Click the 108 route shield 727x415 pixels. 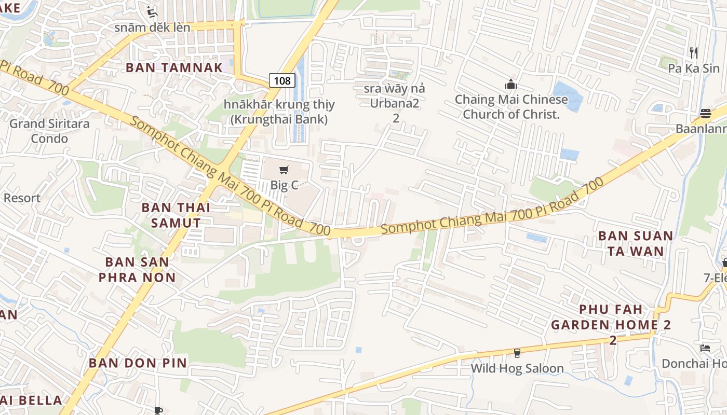[x=282, y=80]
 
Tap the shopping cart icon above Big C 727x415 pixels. [x=284, y=170]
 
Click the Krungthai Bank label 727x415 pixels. [x=279, y=112]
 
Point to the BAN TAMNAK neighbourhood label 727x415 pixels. [x=174, y=67]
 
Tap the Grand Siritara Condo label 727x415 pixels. [x=49, y=131]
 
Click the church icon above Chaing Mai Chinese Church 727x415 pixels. [x=511, y=84]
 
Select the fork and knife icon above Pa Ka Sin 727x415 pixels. [x=693, y=52]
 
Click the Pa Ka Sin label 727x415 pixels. [x=694, y=68]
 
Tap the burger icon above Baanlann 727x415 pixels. [x=705, y=113]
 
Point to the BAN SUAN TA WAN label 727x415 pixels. [x=636, y=243]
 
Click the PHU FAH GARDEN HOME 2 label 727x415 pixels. [x=611, y=325]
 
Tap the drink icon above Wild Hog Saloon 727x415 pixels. [x=517, y=353]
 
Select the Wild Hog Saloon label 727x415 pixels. [x=517, y=368]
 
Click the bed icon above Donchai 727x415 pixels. [x=705, y=348]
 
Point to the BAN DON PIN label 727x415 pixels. [x=138, y=363]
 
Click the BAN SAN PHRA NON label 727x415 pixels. [x=137, y=269]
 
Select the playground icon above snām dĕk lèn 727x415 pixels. [x=152, y=11]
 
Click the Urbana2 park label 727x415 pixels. [x=395, y=103]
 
